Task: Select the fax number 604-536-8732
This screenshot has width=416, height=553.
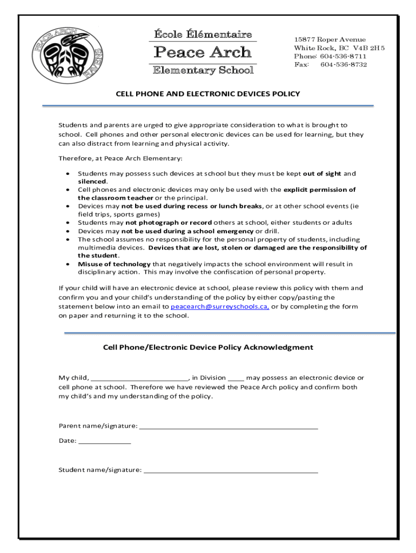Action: click(344, 65)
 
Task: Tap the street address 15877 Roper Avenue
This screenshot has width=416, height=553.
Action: click(330, 39)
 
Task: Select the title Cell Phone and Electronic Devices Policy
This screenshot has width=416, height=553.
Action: click(208, 94)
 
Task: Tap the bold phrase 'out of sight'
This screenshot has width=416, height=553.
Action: click(322, 174)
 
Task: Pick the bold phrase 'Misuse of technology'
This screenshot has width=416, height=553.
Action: click(114, 264)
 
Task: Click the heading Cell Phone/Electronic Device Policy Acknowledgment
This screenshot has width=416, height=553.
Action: click(208, 347)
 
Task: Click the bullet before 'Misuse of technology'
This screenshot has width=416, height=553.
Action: click(67, 264)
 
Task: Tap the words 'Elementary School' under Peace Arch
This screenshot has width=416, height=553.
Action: click(203, 70)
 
